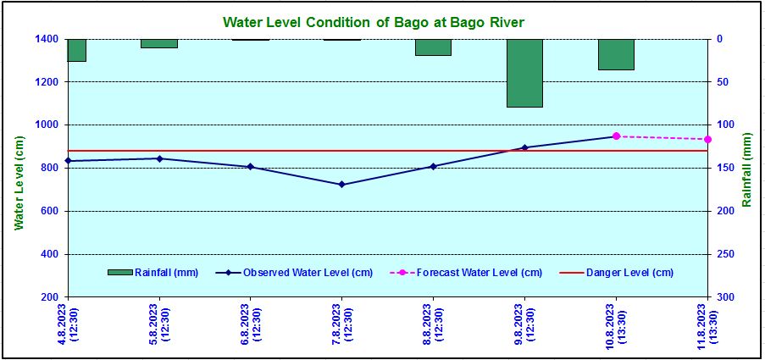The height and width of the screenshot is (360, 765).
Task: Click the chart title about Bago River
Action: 380,21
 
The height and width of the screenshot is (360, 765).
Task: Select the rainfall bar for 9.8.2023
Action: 524,73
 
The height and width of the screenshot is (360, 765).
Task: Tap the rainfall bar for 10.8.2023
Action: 616,54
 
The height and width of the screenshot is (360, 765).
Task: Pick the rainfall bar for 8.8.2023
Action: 433,47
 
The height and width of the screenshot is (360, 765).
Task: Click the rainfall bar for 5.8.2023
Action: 159,43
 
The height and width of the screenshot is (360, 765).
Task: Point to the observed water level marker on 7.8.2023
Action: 341,184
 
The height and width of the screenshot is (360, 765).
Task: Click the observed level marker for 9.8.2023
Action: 524,147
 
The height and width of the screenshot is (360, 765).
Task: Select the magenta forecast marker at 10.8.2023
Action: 616,136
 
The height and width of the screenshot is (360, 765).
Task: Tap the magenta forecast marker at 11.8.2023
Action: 707,139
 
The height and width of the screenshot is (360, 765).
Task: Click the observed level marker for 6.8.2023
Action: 250,167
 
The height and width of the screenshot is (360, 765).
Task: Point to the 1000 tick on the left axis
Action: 46,125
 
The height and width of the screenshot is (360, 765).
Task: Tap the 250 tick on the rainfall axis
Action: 725,254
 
